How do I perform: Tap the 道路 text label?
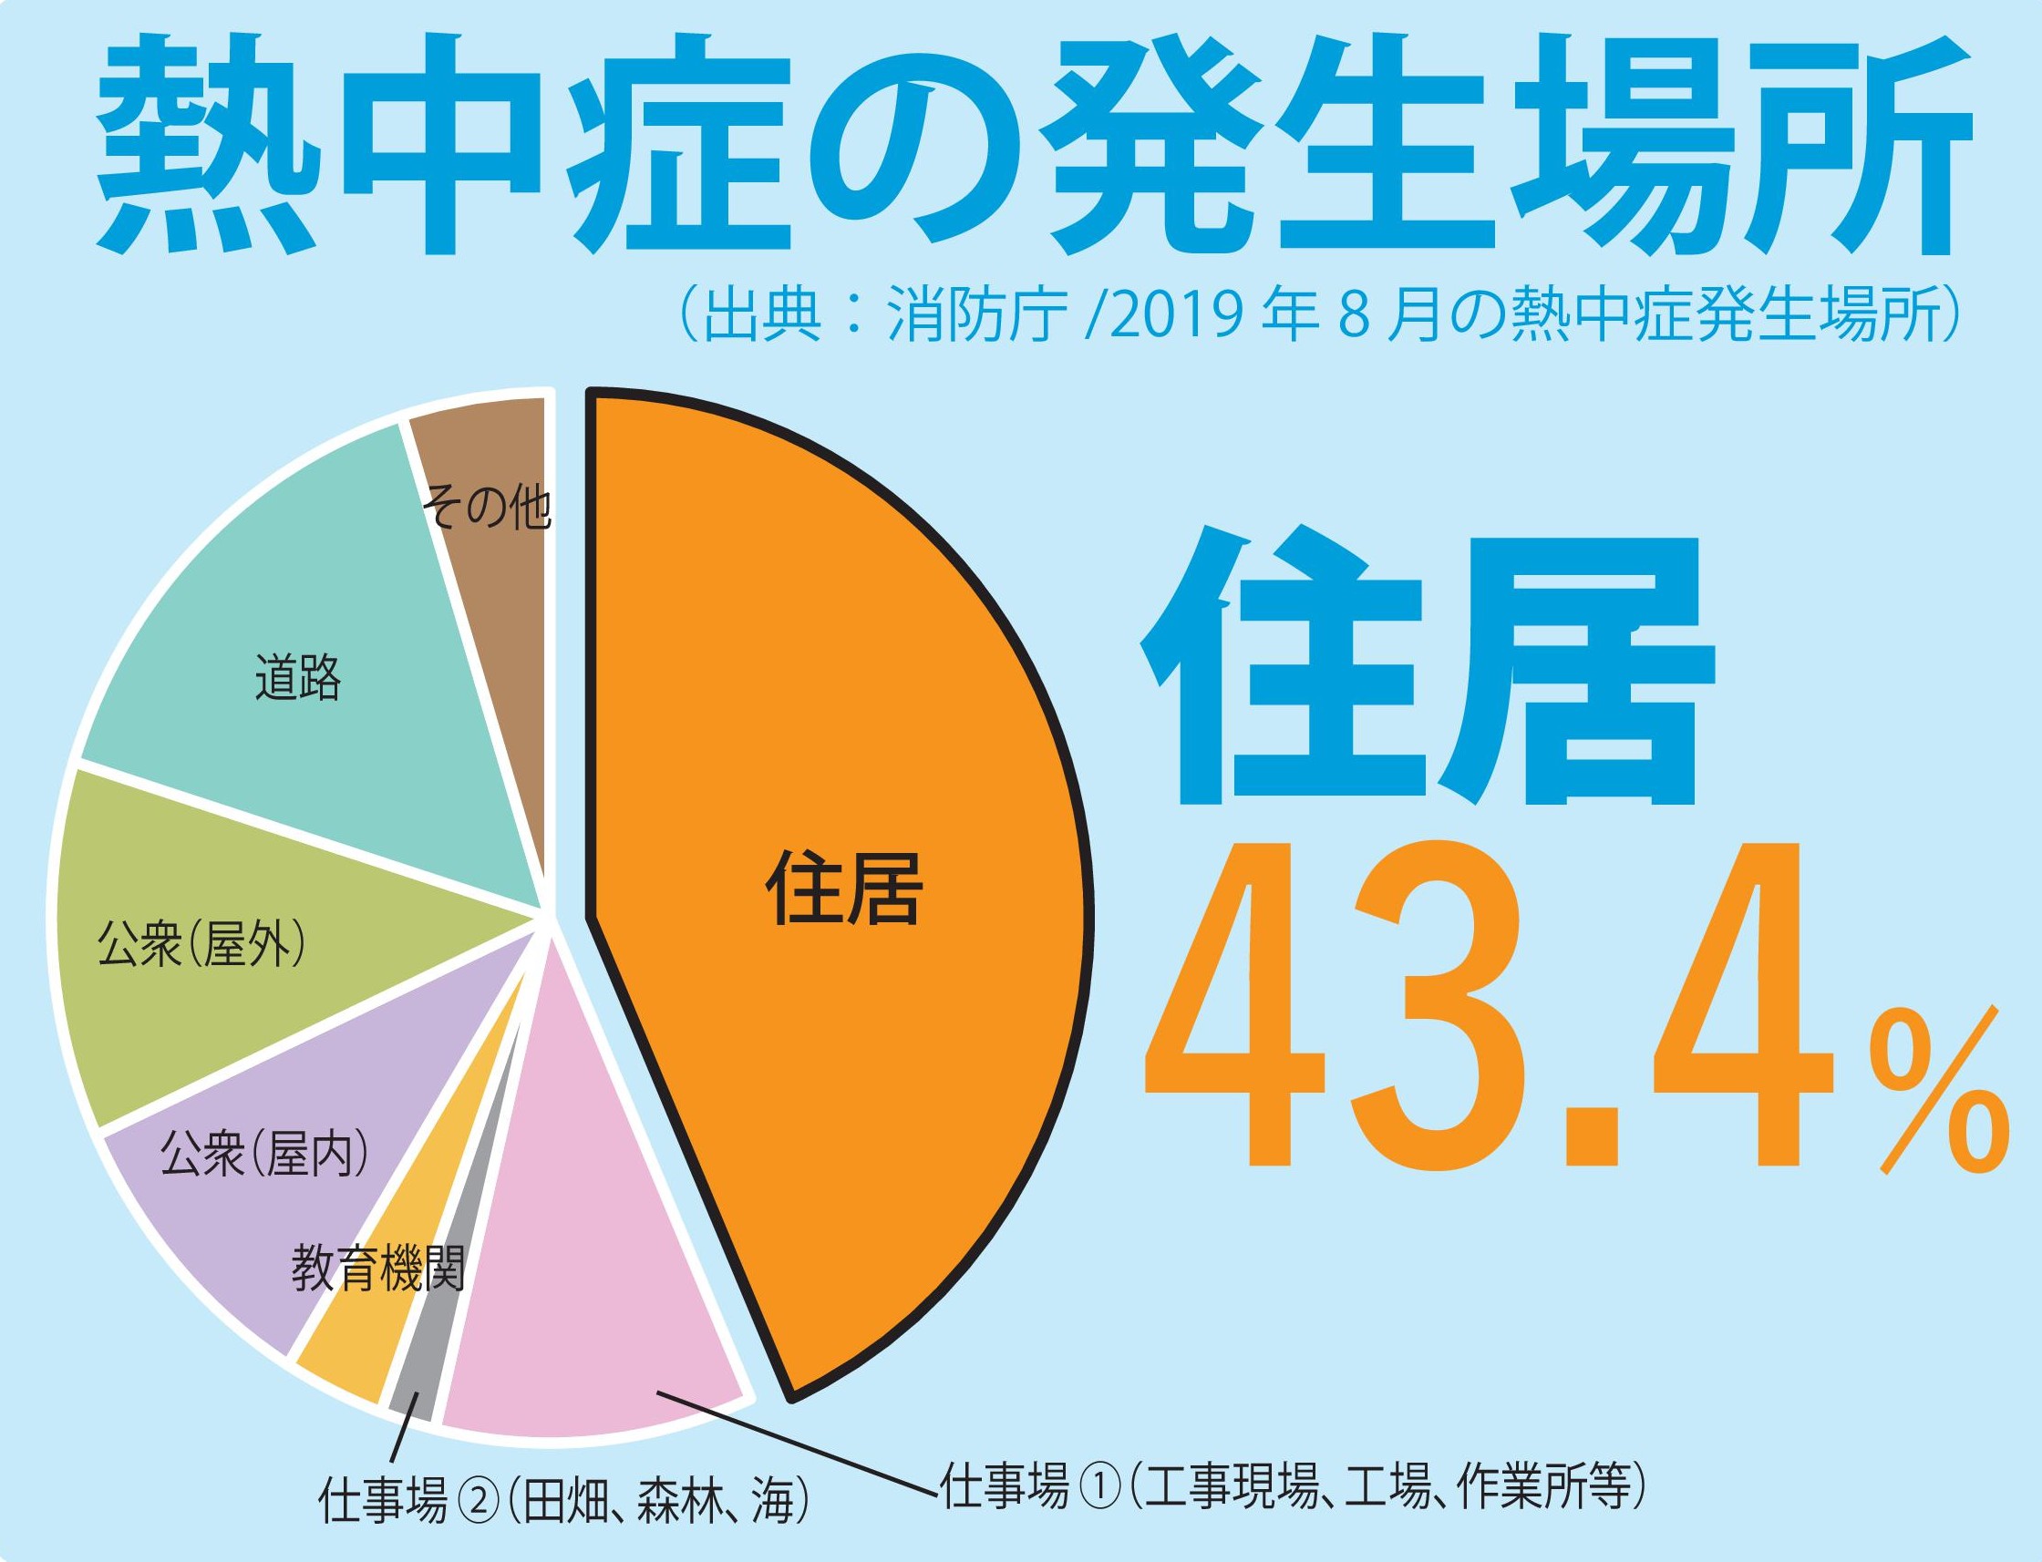[x=297, y=678]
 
